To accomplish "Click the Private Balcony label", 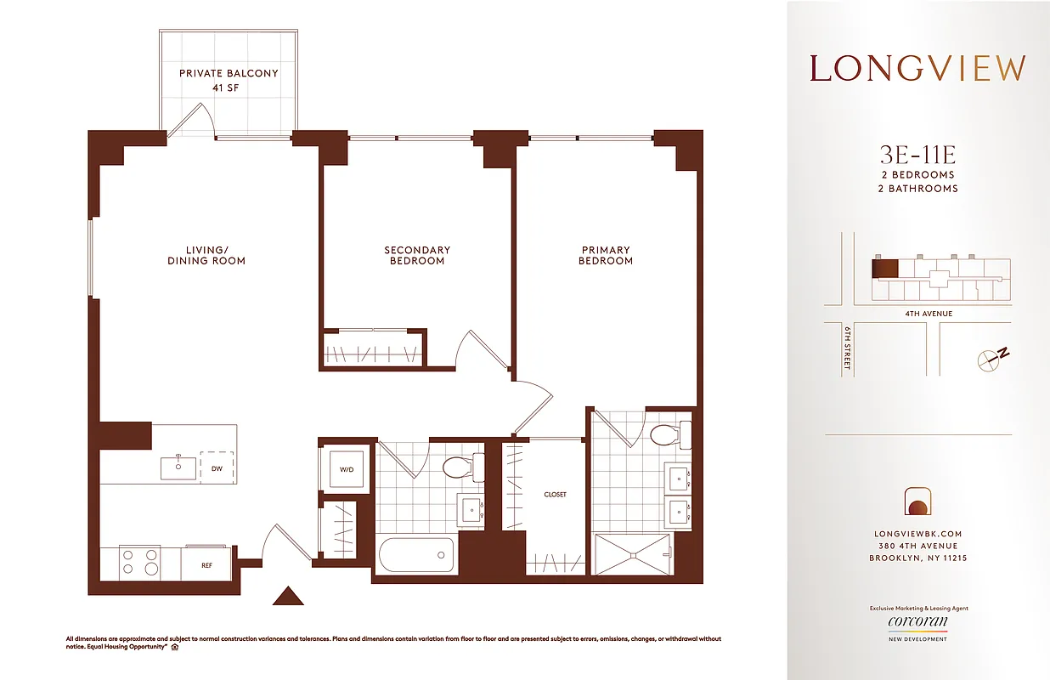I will pyautogui.click(x=228, y=80).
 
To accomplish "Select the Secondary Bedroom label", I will pyautogui.click(x=417, y=255).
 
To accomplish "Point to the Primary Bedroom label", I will pyautogui.click(x=606, y=255).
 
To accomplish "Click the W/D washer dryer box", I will pyautogui.click(x=347, y=468).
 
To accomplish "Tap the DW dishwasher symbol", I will pyautogui.click(x=217, y=467).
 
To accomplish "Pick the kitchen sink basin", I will pyautogui.click(x=179, y=467).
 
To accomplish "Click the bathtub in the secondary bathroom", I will pyautogui.click(x=416, y=556).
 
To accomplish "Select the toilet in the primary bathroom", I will pyautogui.click(x=670, y=435).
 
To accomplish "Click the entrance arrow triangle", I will pyautogui.click(x=288, y=596).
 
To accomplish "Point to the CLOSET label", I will pyautogui.click(x=555, y=494).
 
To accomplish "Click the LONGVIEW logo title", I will pyautogui.click(x=917, y=68).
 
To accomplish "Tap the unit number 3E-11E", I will pyautogui.click(x=917, y=155).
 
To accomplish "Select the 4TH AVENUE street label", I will pyautogui.click(x=928, y=314).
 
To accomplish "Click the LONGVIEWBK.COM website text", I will pyautogui.click(x=917, y=534).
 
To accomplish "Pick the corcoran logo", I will pyautogui.click(x=917, y=622).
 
